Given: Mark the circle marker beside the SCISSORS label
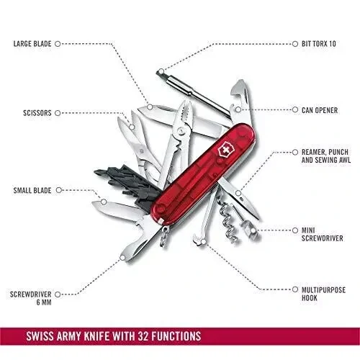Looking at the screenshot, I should coord(58,113).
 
